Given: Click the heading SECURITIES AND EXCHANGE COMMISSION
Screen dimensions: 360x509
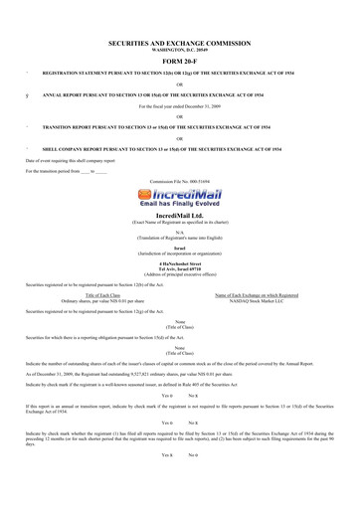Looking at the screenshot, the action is tap(180, 45).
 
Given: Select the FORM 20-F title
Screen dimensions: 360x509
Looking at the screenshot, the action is tap(180, 63).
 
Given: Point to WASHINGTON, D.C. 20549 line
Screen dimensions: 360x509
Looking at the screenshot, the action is tap(180, 52).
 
